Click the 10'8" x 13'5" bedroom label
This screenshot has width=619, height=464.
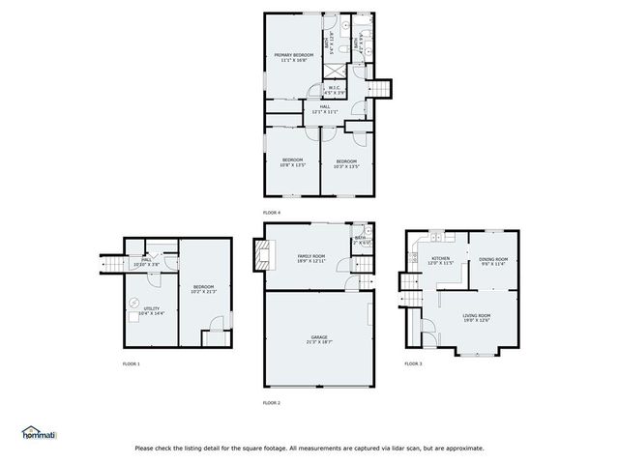click(292, 162)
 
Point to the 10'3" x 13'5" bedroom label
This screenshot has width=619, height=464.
click(346, 162)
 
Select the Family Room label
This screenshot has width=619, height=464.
click(310, 258)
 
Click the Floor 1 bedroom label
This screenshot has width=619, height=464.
click(202, 288)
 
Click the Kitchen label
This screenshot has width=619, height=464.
click(441, 260)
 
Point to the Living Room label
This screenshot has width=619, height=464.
click(476, 317)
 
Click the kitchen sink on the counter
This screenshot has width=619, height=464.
click(436, 237)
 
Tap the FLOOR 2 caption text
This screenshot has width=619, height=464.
click(272, 402)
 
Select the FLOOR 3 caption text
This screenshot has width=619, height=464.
click(413, 363)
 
